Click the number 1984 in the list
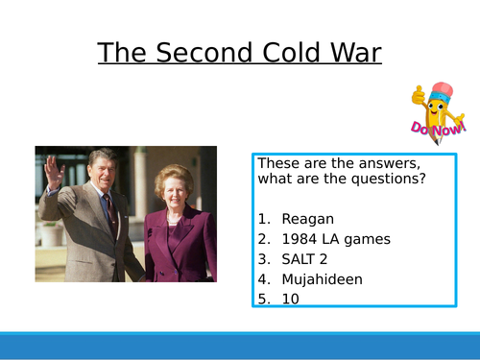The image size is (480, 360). (x=300, y=238)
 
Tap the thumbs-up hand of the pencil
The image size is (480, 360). (x=419, y=96)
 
